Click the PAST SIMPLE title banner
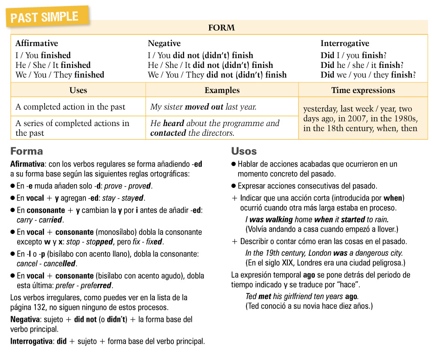tap(44, 18)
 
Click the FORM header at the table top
tap(221, 28)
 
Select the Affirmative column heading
tap(37, 43)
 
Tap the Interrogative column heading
tap(344, 43)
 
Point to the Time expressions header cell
tap(363, 90)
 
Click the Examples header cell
tap(222, 90)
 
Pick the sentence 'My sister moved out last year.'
tap(203, 107)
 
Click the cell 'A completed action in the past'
tap(70, 107)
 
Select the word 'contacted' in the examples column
tap(168, 133)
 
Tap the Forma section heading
tap(26, 151)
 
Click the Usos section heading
tap(244, 151)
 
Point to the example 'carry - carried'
tap(40, 220)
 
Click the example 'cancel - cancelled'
tap(46, 264)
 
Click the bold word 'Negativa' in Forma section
tap(26, 320)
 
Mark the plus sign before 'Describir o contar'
tap(235, 242)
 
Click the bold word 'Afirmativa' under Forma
tap(27, 164)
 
